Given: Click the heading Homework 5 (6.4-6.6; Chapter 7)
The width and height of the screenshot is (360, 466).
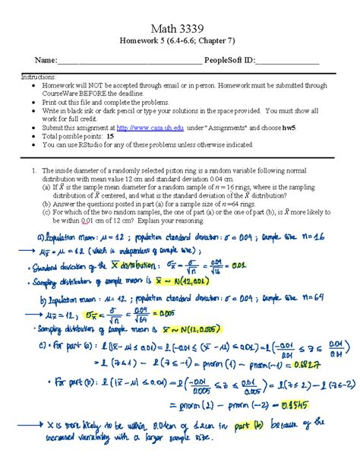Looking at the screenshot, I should [x=180, y=40].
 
